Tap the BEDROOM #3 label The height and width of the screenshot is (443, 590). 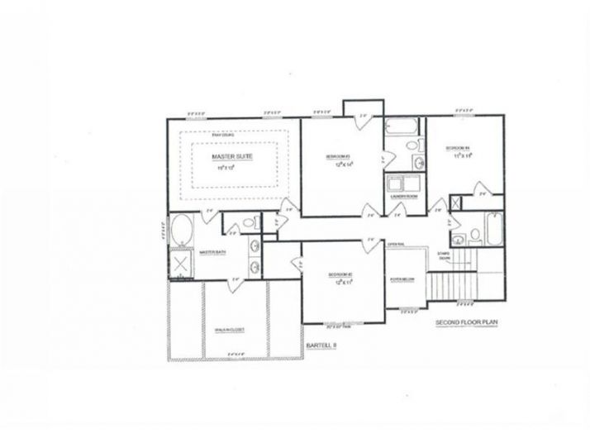click(x=338, y=156)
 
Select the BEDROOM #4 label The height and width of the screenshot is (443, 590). click(x=457, y=149)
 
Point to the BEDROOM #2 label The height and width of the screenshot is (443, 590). click(x=338, y=274)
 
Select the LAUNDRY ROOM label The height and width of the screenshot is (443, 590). click(x=402, y=197)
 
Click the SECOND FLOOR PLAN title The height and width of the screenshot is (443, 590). click(x=468, y=324)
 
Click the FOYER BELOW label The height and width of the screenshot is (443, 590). click(x=402, y=279)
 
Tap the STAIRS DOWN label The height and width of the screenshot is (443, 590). click(x=445, y=257)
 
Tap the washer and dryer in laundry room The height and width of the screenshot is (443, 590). click(x=402, y=183)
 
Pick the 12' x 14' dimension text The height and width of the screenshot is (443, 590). click(x=338, y=164)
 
